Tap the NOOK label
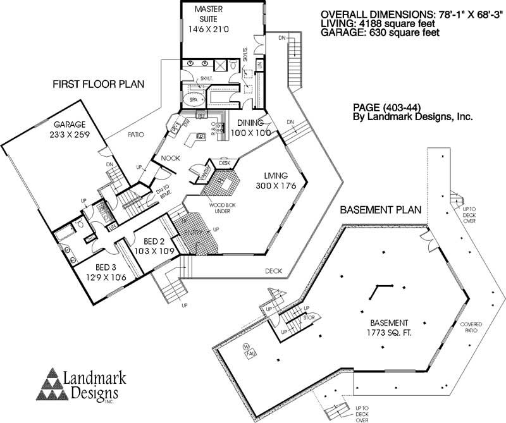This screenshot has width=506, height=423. (171, 158)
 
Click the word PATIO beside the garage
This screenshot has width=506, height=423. (135, 135)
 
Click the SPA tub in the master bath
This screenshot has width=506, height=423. (193, 100)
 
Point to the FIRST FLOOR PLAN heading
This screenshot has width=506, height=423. (97, 84)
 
